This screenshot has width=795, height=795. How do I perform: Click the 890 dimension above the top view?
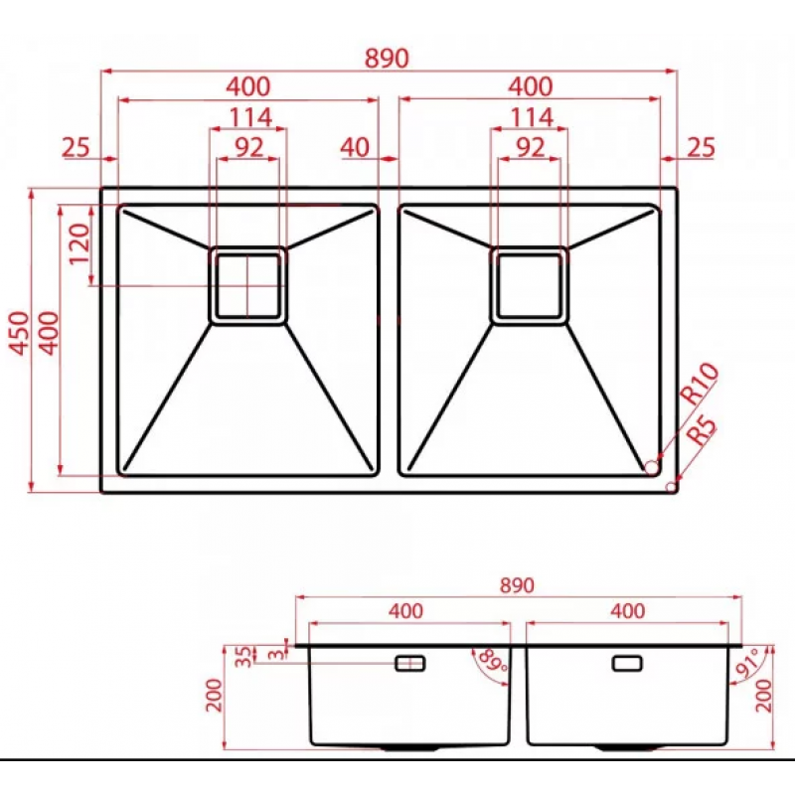[387, 59]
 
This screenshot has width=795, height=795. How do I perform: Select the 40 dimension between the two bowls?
[355, 147]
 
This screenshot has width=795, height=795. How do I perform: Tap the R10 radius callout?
[699, 384]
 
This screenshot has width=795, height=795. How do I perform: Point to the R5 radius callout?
[702, 431]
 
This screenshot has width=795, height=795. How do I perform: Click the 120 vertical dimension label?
[79, 243]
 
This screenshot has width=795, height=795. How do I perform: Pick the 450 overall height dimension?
[20, 333]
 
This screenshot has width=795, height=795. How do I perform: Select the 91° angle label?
[750, 662]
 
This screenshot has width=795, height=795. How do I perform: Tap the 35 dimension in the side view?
[244, 657]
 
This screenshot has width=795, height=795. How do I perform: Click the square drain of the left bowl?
[247, 285]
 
